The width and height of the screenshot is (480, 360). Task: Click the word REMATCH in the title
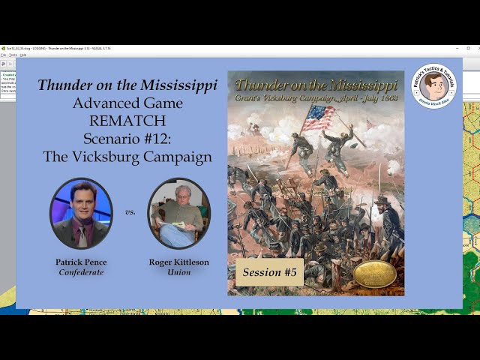pos(127,121)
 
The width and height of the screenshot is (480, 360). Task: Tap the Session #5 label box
pos(269,272)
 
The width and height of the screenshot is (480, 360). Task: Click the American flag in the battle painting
pos(318,117)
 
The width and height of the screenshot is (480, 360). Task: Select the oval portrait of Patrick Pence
pos(81,213)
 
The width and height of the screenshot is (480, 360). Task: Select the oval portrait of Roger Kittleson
pos(178,213)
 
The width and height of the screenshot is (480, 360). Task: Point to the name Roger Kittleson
pos(178,262)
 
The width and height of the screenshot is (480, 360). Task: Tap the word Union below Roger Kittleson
pos(178,272)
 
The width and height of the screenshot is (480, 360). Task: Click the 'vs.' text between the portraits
pos(130,212)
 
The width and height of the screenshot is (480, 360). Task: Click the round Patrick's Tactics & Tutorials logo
pos(433,86)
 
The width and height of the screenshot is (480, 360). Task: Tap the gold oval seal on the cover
pos(374,274)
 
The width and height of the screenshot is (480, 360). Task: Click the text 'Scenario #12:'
pos(127,139)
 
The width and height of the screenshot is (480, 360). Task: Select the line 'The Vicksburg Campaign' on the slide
pos(127,157)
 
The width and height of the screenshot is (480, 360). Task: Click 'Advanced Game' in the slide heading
pos(127,103)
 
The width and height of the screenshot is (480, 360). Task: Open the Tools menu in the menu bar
pos(13,55)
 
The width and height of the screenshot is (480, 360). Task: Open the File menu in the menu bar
pos(4,55)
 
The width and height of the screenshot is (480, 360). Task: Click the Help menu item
pos(23,55)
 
